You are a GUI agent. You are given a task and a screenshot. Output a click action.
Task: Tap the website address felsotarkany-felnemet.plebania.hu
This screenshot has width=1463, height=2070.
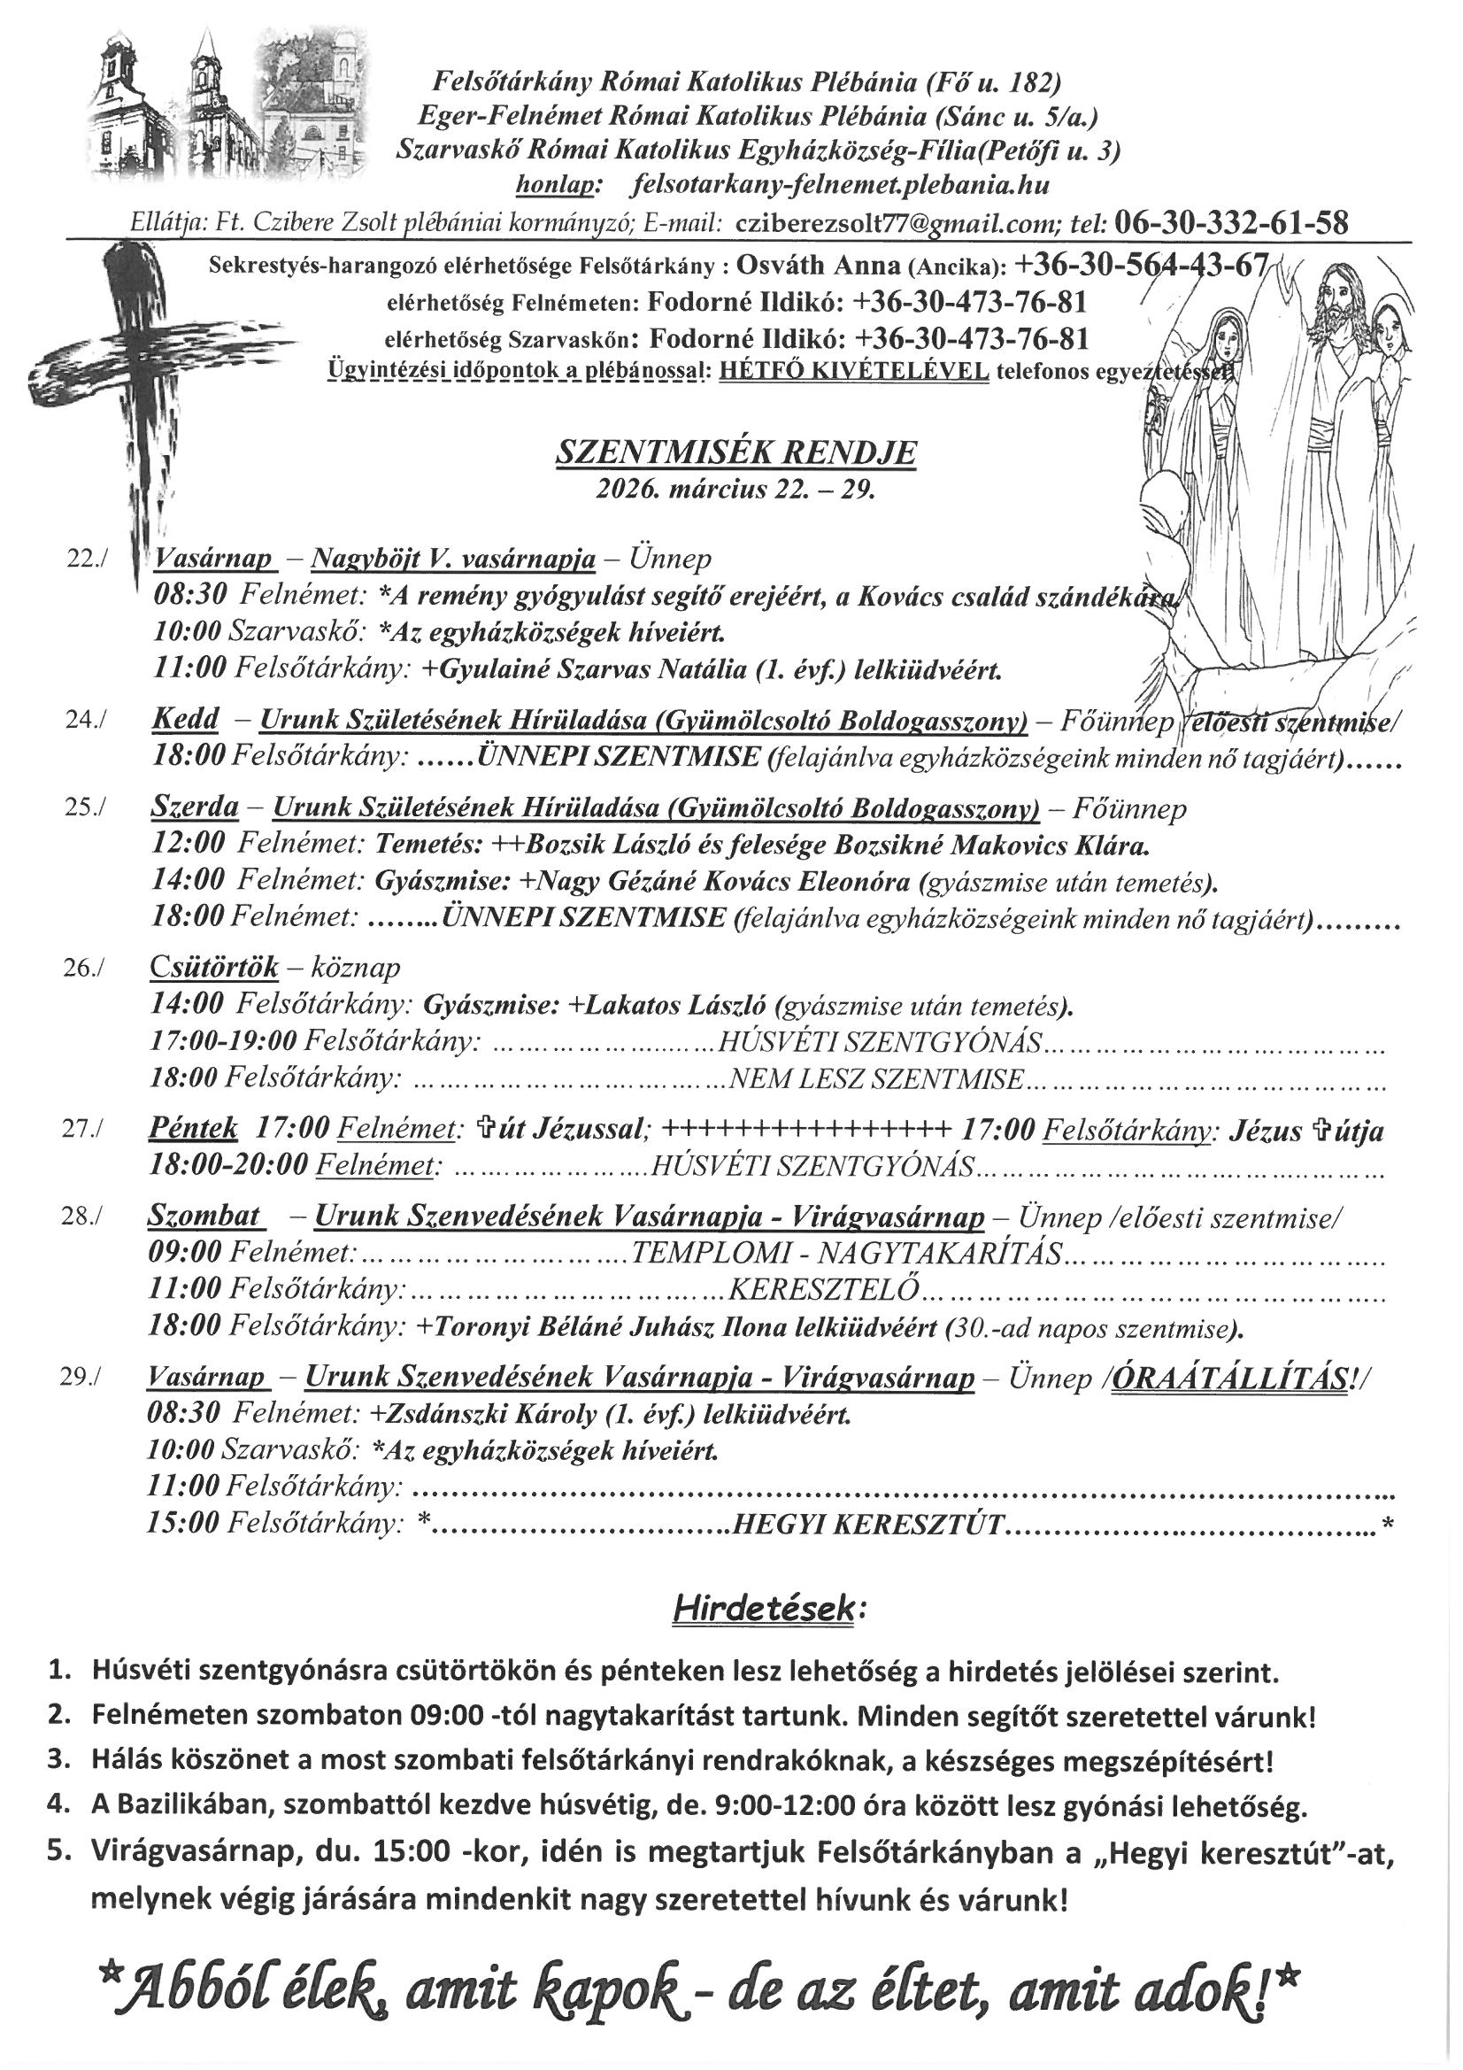842,186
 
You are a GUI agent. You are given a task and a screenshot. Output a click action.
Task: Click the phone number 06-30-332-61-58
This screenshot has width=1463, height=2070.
1231,221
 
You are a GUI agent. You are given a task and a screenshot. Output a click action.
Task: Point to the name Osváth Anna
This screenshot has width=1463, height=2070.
818,264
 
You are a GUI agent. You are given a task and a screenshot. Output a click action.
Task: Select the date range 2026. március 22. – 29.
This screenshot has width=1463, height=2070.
735,490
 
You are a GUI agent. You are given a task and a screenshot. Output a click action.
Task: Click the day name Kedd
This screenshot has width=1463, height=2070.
185,720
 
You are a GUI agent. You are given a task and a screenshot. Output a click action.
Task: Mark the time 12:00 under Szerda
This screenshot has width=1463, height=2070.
188,846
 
